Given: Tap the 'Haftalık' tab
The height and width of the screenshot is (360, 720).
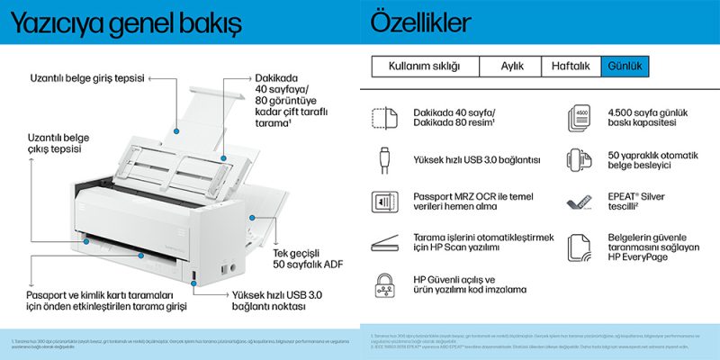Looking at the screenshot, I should (x=570, y=67).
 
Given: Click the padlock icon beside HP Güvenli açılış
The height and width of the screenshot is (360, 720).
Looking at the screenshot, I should (x=383, y=285).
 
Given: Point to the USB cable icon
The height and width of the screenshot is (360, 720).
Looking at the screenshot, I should (x=383, y=159).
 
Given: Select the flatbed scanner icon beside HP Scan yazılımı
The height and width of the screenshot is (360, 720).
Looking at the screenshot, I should (x=383, y=242).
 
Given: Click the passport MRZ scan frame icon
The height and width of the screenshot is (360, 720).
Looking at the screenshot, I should (x=383, y=201).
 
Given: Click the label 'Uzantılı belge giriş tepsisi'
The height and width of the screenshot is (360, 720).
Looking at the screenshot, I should (x=87, y=78).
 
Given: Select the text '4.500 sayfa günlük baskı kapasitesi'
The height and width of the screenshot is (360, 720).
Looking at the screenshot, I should (x=638, y=116).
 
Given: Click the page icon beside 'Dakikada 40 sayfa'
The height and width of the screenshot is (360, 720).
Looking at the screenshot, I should (x=383, y=117).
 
